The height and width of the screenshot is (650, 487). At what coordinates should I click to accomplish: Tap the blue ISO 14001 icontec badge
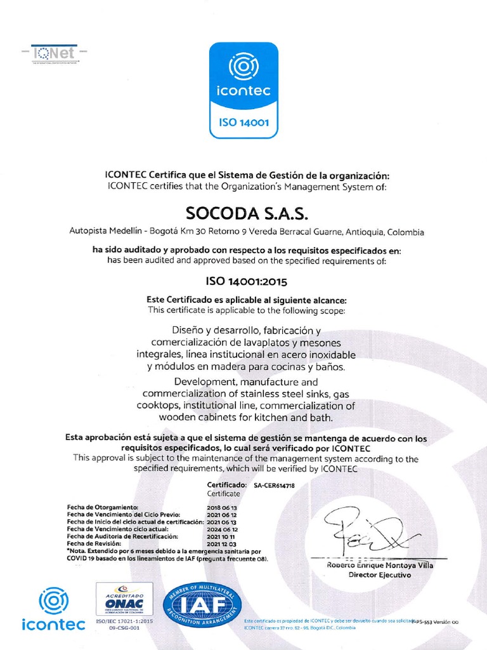[x=243, y=90]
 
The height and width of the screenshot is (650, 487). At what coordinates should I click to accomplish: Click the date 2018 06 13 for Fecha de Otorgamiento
[x=222, y=508]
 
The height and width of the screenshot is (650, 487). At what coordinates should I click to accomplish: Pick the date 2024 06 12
[x=222, y=529]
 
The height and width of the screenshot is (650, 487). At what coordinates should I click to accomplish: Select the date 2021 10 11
[x=222, y=536]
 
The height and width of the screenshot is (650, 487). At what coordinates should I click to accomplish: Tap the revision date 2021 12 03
[x=222, y=544]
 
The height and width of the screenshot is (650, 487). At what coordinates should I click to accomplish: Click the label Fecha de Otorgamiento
[x=102, y=508]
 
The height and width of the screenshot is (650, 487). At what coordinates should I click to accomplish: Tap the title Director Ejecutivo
[x=380, y=575]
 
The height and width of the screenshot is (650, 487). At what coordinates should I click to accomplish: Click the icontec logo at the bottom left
[x=53, y=609]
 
